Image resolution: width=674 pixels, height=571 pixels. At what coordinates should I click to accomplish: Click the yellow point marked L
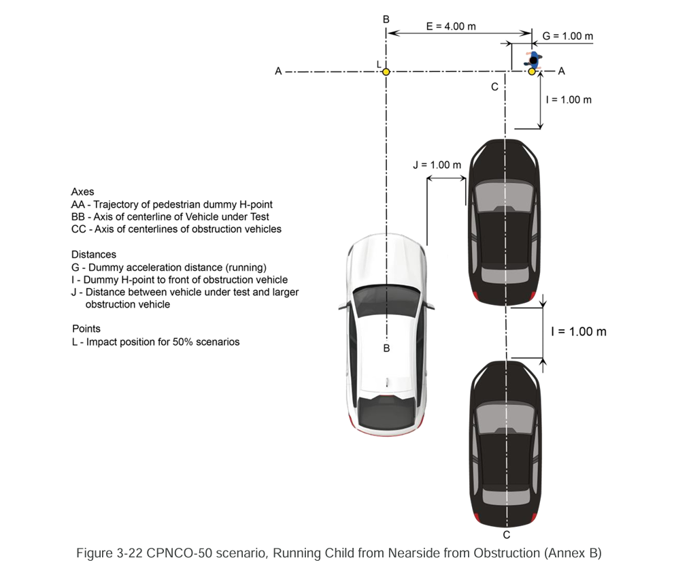[386, 71]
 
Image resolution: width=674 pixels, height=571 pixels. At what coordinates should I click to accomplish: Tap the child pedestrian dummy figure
[533, 60]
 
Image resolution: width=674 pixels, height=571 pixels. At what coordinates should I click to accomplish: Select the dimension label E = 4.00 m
[451, 26]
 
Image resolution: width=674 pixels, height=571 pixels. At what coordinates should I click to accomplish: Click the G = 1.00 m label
[568, 36]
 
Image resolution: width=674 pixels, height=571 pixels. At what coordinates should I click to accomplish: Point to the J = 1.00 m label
[437, 165]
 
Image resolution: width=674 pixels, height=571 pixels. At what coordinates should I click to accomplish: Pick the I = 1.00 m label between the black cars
[578, 332]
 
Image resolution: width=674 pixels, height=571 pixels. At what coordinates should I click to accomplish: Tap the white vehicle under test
[386, 333]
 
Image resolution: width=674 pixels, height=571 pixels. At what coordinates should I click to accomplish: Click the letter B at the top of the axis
[386, 18]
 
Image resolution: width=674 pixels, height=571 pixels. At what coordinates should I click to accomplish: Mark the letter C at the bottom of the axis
[507, 535]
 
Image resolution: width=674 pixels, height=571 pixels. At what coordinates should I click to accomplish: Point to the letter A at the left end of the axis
[278, 71]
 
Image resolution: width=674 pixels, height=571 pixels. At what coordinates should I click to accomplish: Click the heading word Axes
[83, 192]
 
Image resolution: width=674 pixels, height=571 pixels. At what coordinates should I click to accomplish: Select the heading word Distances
[93, 255]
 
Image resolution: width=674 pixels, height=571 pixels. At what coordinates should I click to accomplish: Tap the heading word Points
[86, 329]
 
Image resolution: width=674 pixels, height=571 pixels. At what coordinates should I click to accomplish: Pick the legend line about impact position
[155, 342]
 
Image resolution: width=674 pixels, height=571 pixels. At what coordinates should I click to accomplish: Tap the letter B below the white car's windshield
[386, 348]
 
